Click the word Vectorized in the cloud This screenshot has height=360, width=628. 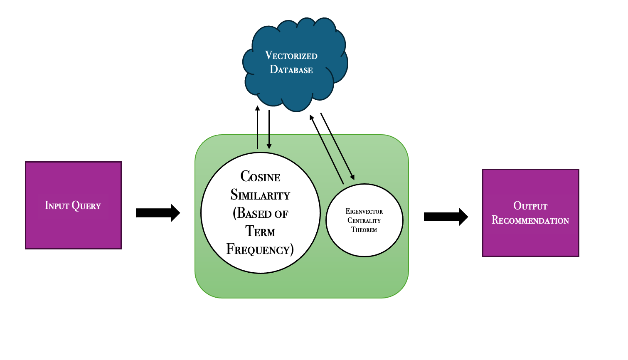pos(291,55)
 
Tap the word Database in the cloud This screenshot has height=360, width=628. pos(291,69)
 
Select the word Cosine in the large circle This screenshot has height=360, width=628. pos(260,177)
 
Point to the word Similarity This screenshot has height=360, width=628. pos(260,195)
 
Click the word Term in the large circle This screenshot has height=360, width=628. pos(260,231)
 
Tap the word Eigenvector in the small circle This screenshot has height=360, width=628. pos(364,212)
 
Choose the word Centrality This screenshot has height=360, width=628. pos(364,221)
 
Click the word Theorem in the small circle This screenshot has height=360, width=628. pos(364,230)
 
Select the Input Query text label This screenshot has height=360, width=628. pos(73,206)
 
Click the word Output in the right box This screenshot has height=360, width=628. pos(530,206)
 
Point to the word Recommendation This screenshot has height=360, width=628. pos(530,220)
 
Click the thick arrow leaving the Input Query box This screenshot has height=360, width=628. pos(158,213)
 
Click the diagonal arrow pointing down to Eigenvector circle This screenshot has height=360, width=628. pos(337,146)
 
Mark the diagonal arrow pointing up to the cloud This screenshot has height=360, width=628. pos(327,150)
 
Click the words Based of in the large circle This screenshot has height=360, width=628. pos(261,213)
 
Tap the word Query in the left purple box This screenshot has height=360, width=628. pos(86,206)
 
